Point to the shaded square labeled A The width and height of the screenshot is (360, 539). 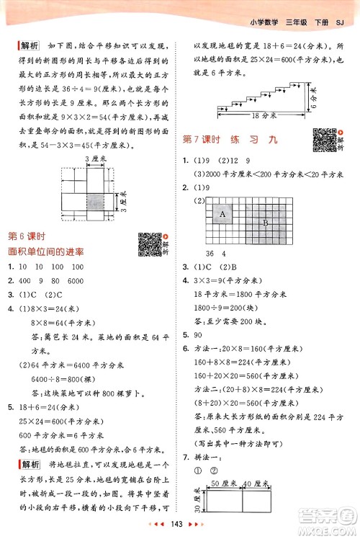click(222, 214)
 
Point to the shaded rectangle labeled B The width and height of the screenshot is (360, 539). click(266, 223)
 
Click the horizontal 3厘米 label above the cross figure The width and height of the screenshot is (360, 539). click(90, 158)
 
